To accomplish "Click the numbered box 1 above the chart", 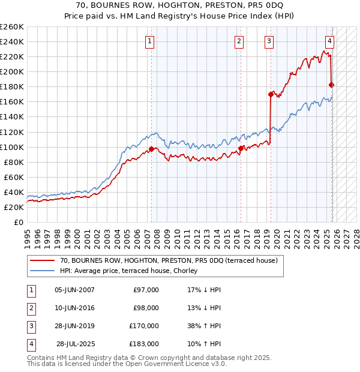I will pos(149,41).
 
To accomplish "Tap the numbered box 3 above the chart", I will pos(269,41).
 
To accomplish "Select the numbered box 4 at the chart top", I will pos(330,41).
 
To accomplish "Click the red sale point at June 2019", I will pos(271,94).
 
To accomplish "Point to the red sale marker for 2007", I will pos(151,149).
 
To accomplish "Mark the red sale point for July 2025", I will pos(332,85).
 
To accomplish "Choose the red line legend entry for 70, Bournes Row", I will pos(168,261).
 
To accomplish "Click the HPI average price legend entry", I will pos(133,271).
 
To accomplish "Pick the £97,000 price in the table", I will pos(146,290).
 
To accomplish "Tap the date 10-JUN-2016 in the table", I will pos(74,308).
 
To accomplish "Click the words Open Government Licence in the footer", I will pos(180,364).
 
